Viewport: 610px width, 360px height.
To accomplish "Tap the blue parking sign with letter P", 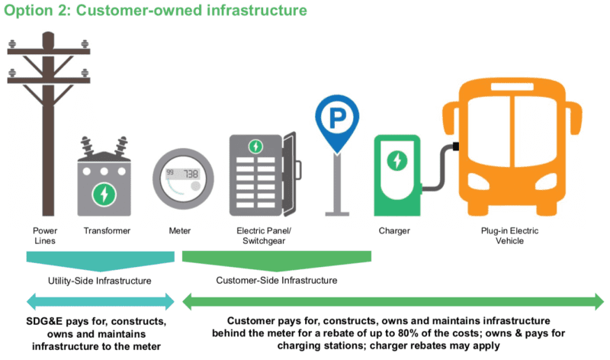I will tap(335, 119).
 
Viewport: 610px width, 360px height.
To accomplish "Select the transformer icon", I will tap(104, 179).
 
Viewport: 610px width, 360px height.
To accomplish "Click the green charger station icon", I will tap(396, 175).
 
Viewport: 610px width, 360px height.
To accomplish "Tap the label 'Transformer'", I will tap(106, 230).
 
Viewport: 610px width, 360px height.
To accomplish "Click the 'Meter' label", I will tap(180, 230).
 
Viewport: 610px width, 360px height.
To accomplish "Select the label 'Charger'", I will tap(394, 230).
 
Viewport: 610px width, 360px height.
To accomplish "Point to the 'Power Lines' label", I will tap(44, 236).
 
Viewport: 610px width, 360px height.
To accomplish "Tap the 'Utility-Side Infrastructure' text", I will tap(98, 280).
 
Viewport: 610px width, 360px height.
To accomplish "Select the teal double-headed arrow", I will tap(97, 302).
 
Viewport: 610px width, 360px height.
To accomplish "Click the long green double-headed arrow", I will tap(393, 302).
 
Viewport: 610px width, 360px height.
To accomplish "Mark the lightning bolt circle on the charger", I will tap(396, 161).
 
